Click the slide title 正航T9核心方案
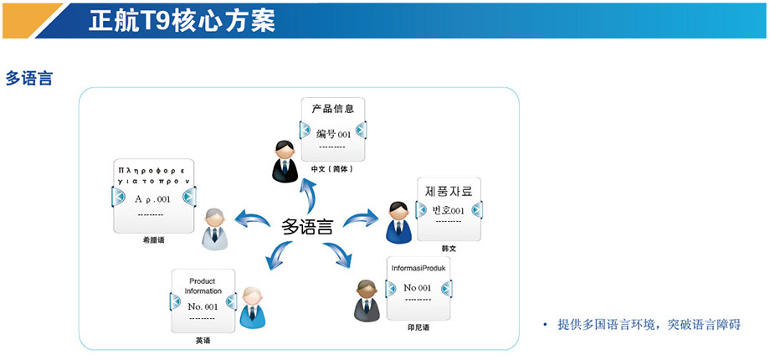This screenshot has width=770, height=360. pyautogui.click(x=182, y=20)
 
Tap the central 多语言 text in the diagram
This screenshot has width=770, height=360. pyautogui.click(x=307, y=226)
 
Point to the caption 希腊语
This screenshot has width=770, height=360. pyautogui.click(x=153, y=240)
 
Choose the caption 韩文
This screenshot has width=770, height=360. pyautogui.click(x=449, y=249)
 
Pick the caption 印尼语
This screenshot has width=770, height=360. pyautogui.click(x=418, y=327)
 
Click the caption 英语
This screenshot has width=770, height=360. pyautogui.click(x=203, y=341)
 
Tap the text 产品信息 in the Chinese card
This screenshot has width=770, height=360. pyautogui.click(x=332, y=109)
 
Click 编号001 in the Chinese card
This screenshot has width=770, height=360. pyautogui.click(x=333, y=133)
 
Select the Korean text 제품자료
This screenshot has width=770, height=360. pyautogui.click(x=449, y=192)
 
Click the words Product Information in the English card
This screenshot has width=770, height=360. pyautogui.click(x=203, y=286)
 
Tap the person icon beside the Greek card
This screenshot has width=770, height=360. pyautogui.click(x=216, y=227)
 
